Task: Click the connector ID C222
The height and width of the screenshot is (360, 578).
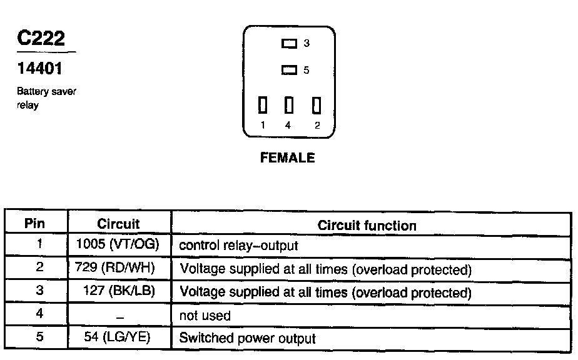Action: [41, 38]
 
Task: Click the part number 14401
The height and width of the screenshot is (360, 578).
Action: [40, 69]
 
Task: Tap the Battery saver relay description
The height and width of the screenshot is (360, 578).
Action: [46, 98]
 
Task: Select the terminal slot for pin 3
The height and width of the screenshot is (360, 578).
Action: [289, 44]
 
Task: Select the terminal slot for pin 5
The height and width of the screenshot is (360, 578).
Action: [289, 70]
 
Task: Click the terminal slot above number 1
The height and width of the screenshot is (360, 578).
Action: [263, 105]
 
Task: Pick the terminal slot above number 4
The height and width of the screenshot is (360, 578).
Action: [289, 105]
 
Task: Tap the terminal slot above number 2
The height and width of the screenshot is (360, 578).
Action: [317, 105]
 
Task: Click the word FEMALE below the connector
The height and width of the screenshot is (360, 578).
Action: [288, 157]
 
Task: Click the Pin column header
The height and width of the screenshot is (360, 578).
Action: [34, 223]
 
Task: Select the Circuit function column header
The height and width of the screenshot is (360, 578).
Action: [367, 226]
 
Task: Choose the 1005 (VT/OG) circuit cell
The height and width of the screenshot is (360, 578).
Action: [118, 244]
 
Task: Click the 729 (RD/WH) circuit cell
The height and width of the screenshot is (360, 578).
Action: [115, 267]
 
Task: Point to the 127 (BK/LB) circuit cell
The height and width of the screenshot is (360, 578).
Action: [119, 291]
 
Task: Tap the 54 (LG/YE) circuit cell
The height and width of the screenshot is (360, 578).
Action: [117, 337]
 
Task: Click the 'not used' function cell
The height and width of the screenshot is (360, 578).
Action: [205, 316]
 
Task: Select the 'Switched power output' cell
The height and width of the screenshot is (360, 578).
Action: [247, 338]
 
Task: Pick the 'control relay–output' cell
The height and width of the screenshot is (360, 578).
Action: [238, 246]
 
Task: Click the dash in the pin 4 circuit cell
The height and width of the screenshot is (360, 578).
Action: [120, 317]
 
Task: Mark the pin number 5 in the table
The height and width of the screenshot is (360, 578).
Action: [39, 336]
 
